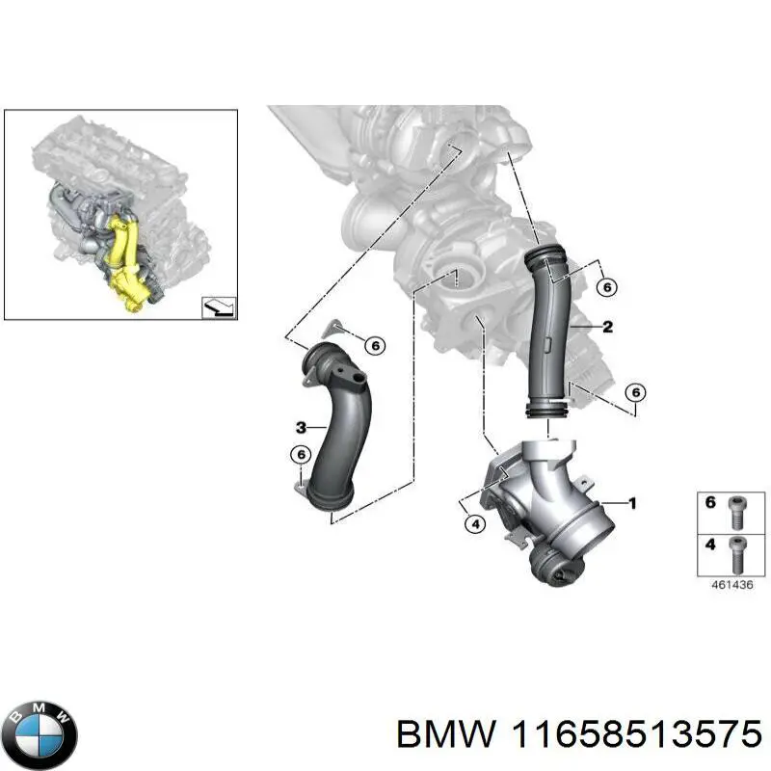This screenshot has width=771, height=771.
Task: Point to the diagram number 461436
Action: [x=732, y=585]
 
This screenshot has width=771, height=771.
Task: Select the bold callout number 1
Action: [x=632, y=503]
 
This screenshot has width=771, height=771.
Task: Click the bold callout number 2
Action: [x=608, y=327]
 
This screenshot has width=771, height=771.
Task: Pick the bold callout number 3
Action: [x=301, y=427]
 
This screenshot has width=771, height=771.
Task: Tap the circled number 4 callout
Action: [x=475, y=524]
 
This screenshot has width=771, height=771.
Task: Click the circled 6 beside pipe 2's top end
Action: [x=607, y=287]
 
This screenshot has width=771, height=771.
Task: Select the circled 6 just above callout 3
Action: [x=301, y=455]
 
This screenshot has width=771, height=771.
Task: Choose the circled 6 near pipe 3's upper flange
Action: [x=375, y=346]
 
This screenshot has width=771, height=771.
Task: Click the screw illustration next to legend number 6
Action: [x=736, y=512]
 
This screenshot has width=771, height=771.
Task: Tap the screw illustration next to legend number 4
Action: [x=736, y=555]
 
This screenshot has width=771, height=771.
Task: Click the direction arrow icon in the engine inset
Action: [x=220, y=307]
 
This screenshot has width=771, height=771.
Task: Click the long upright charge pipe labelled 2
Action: [x=548, y=334]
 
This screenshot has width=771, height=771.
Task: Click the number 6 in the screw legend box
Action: [x=710, y=502]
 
